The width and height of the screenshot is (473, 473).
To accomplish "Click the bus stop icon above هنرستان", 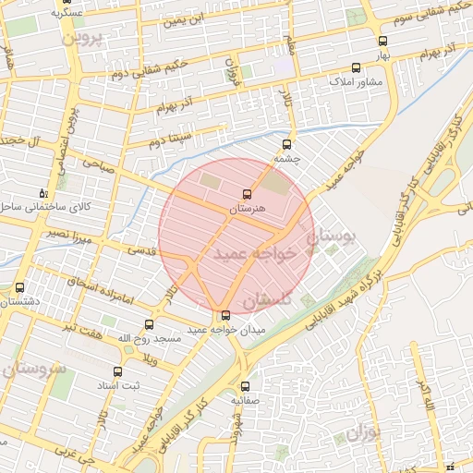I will tap(246, 194).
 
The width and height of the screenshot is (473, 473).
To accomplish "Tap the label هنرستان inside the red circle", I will tap(246, 210).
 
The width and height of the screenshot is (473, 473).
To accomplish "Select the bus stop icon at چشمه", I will tap(286, 144).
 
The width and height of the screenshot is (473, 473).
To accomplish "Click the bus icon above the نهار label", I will tap(382, 41).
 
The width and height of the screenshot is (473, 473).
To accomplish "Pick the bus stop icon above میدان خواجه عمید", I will tap(226, 315).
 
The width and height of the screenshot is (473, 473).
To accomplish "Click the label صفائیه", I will tap(246, 402).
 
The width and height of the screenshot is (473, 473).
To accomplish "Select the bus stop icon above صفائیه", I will tap(246, 387).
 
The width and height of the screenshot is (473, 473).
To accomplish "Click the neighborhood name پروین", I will tap(79, 40).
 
